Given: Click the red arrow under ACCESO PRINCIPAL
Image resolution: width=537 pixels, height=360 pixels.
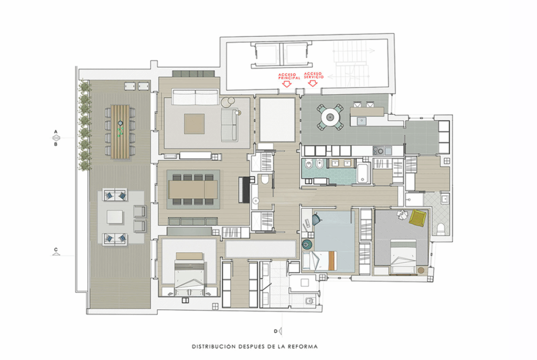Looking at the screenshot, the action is [287, 83].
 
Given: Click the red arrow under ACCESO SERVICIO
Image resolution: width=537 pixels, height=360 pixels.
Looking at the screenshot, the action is [313, 82].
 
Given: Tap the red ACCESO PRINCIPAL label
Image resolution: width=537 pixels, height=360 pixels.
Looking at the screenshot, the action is [289, 77].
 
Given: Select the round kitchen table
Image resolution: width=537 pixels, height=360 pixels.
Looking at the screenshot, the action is [330, 117].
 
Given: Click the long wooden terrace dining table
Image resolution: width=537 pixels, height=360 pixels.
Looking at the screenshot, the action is [120, 132].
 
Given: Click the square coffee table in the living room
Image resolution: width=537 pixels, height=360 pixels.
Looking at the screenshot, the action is [194, 124].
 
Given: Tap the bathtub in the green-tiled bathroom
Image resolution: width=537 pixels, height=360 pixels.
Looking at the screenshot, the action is [363, 173].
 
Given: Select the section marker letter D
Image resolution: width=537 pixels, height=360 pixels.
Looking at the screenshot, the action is [276, 331].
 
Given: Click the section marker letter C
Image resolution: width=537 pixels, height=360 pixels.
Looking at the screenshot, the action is [56, 250].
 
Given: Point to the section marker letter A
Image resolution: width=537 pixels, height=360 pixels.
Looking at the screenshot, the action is [56, 132].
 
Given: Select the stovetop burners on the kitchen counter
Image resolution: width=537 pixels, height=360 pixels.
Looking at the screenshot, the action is [378, 151].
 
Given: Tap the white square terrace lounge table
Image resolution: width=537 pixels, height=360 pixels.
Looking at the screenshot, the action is [115, 217].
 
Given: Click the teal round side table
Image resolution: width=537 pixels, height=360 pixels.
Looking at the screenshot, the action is [307, 244].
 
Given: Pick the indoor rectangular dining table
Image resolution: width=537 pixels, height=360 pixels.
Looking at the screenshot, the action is [193, 189].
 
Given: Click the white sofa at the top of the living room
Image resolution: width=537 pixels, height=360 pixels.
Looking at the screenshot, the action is [195, 97].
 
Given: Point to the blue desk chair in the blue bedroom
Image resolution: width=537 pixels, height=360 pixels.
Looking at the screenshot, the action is [316, 219].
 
